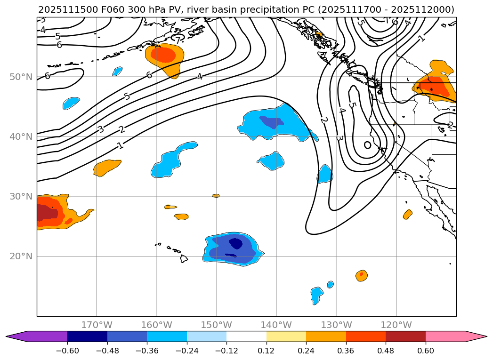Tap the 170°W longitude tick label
(97, 325)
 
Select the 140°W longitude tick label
(276, 325)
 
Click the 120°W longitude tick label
(396, 325)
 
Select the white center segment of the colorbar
(246, 336)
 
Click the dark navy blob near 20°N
(235, 243)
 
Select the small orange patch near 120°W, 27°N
(407, 214)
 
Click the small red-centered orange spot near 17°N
(361, 275)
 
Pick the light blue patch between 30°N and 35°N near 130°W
(324, 174)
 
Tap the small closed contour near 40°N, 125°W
(368, 145)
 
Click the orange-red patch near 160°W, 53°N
(163, 55)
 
